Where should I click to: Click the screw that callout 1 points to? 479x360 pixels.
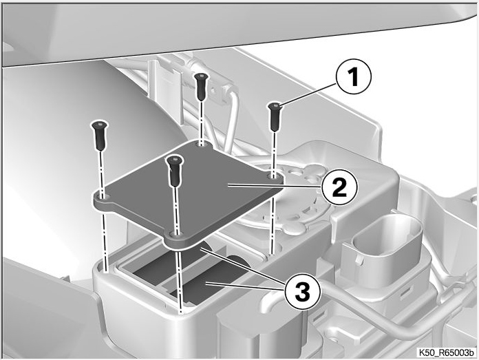coord(275,116)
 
